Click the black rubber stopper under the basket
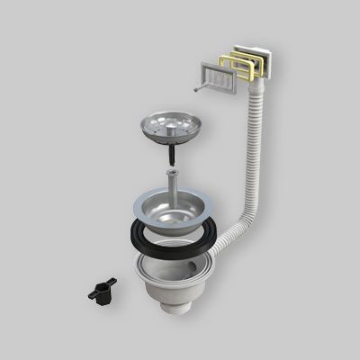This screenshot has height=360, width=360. pyautogui.click(x=170, y=158)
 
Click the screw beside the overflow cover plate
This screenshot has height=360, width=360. pyautogui.click(x=193, y=87)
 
